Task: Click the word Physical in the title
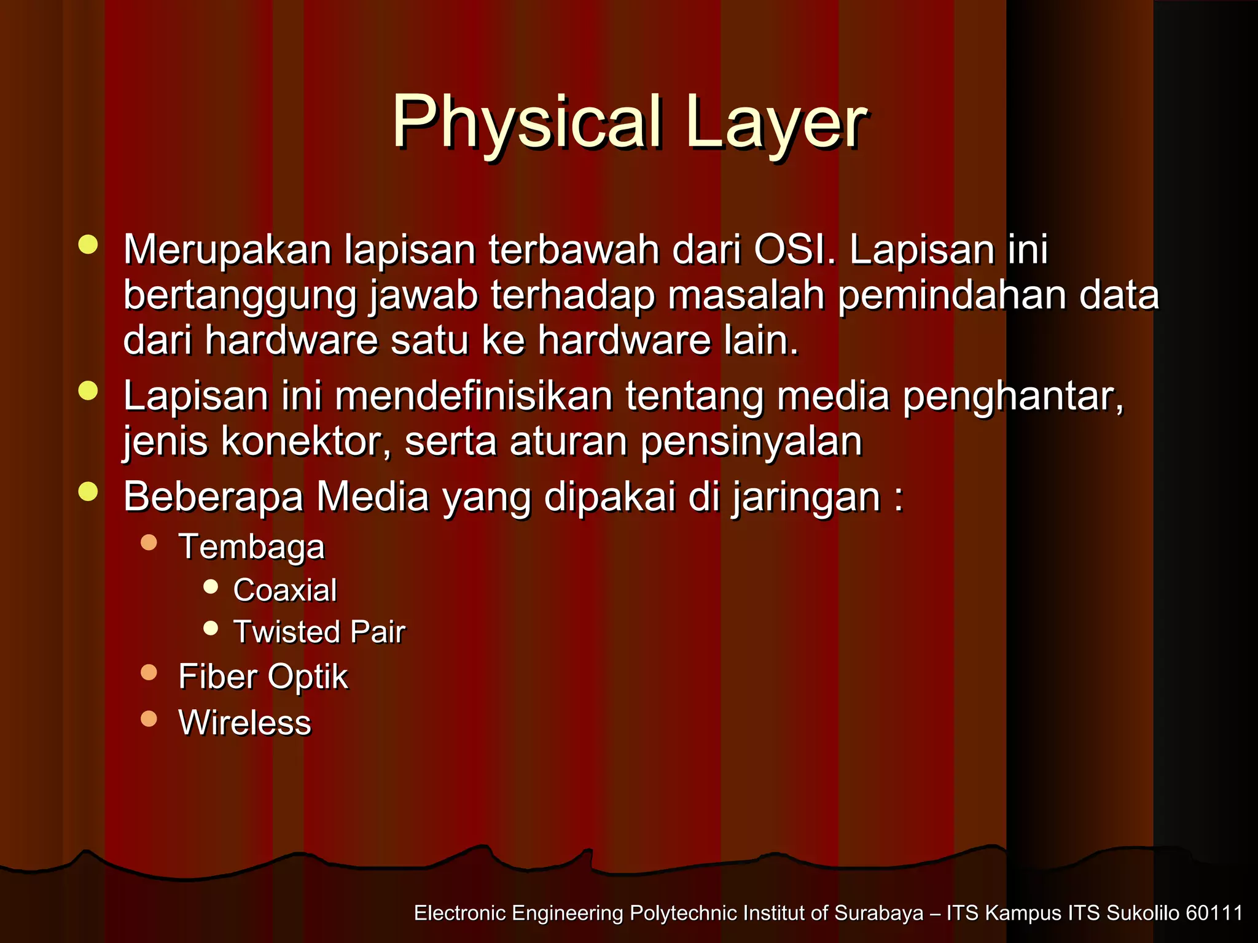(527, 123)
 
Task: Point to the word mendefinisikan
(473, 396)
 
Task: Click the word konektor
(305, 441)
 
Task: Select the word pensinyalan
(751, 441)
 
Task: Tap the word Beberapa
(213, 496)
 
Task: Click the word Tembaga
(251, 546)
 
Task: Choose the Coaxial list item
(285, 590)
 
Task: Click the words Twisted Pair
(319, 632)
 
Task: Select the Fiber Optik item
(263, 677)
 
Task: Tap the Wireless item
(244, 722)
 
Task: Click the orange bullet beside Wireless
(149, 718)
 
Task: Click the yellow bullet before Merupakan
(88, 244)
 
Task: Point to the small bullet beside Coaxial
(211, 586)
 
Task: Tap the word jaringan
(806, 496)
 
